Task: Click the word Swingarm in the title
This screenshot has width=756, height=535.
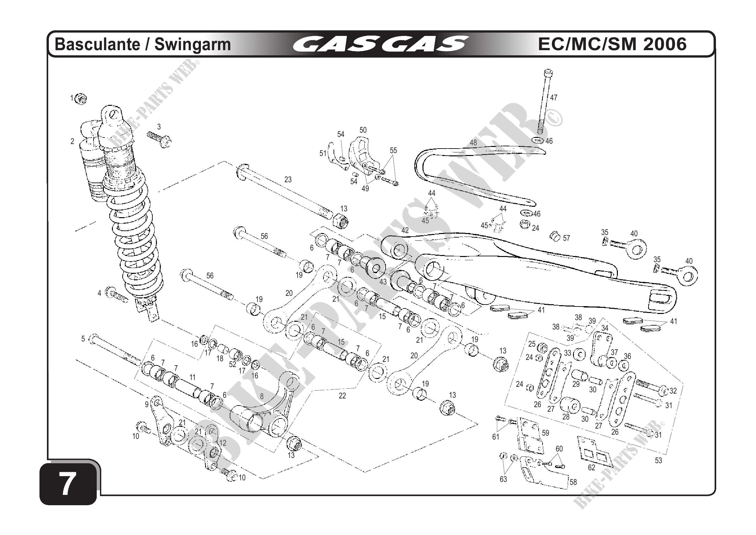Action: coord(192,45)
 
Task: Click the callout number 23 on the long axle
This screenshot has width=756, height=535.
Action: coord(288,180)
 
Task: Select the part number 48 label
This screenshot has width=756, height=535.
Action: coord(473,143)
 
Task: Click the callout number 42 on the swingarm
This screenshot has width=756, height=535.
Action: coord(405,230)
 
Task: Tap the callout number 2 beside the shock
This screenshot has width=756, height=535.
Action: coord(72,141)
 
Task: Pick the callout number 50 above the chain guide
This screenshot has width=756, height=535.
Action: coord(363,130)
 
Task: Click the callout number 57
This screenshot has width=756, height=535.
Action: coord(566,238)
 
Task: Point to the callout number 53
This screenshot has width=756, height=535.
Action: coord(658,461)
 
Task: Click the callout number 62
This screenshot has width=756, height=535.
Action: coord(592,467)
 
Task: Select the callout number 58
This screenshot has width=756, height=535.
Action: coord(573,482)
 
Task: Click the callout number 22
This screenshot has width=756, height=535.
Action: coord(342,396)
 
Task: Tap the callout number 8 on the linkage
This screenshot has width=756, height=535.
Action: coord(262,397)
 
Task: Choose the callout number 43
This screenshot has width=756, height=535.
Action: coord(383,282)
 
